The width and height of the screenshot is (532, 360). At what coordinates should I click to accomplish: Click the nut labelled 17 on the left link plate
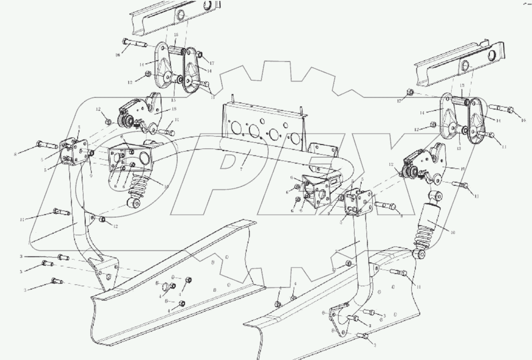tap(200, 55)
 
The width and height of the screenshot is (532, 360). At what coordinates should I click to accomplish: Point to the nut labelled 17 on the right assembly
tap(411, 92)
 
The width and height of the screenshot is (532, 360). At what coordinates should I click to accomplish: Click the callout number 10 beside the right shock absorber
tap(453, 232)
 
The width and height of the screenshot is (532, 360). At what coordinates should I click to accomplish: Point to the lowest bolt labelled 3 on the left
tap(55, 280)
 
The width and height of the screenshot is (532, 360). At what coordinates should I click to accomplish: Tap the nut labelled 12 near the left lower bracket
tap(102, 219)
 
